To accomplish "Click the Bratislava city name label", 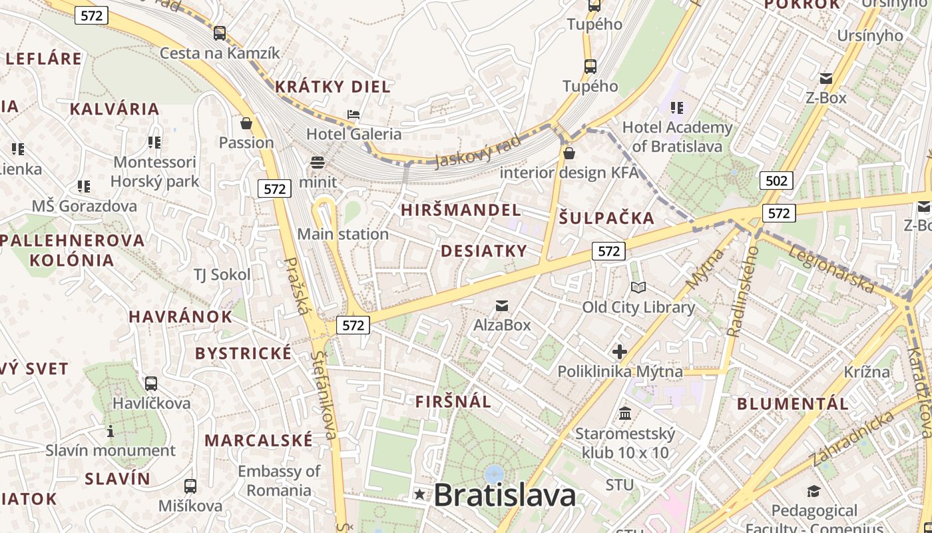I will [505, 495].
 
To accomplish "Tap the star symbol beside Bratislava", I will [419, 494].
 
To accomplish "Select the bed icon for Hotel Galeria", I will [353, 115].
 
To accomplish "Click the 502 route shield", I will [776, 181].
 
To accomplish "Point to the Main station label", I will [343, 234].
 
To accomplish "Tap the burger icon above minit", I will [318, 162].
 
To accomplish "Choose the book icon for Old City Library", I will [638, 288].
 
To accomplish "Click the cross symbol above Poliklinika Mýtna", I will [620, 351].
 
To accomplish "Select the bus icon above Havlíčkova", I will [151, 384].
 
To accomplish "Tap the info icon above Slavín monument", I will [111, 432].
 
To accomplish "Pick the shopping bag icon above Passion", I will [246, 123].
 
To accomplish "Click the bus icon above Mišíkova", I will [190, 486].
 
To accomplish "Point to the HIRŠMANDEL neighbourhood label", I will [461, 210].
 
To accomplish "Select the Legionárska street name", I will [831, 269].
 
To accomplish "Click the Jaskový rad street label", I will [477, 151].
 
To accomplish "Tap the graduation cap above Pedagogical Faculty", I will [814, 492].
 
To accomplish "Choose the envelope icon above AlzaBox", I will [502, 306].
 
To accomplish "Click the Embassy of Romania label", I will [279, 480].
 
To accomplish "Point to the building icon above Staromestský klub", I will [625, 414].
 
